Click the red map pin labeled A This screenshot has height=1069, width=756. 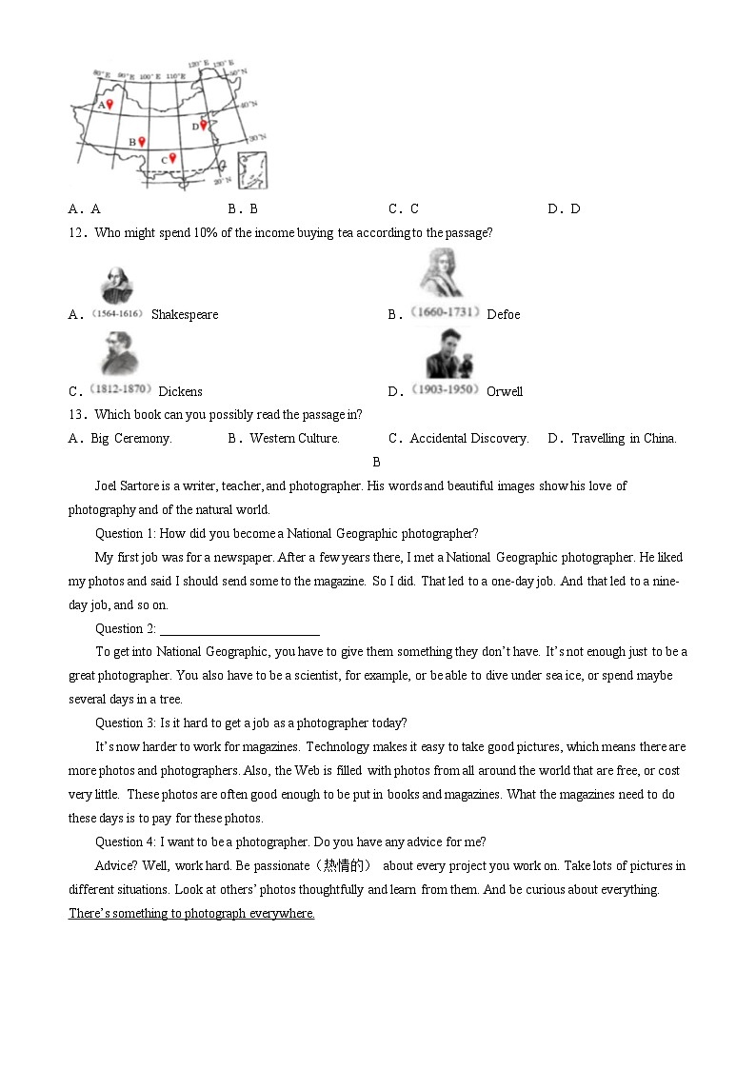click(109, 105)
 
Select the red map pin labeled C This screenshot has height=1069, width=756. click(172, 158)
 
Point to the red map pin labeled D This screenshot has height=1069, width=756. click(203, 125)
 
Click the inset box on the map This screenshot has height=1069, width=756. click(252, 170)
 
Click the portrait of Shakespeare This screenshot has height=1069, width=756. click(116, 286)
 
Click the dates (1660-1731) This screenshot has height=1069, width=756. click(445, 312)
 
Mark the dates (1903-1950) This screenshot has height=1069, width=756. click(445, 390)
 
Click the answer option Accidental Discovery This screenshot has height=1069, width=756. click(468, 439)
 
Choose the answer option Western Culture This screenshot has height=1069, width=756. click(294, 439)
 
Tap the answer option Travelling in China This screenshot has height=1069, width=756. click(624, 439)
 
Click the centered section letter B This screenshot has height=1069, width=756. click(376, 463)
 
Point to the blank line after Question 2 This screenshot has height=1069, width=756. click(240, 629)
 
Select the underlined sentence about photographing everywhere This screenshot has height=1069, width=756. click(191, 914)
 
